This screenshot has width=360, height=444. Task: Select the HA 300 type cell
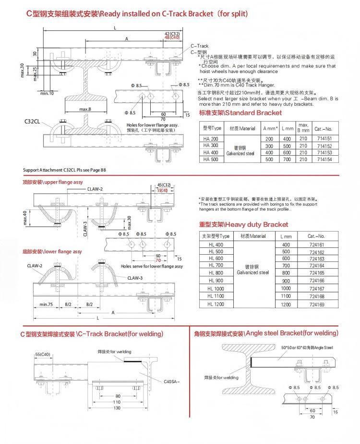pyautogui.click(x=211, y=145)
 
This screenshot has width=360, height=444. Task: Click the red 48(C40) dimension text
pyautogui.click(x=171, y=37)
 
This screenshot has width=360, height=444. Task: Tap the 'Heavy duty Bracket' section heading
pyautogui.click(x=244, y=224)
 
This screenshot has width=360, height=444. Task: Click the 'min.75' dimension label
pyautogui.click(x=46, y=304)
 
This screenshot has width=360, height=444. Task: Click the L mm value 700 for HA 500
pyautogui.click(x=288, y=159)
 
